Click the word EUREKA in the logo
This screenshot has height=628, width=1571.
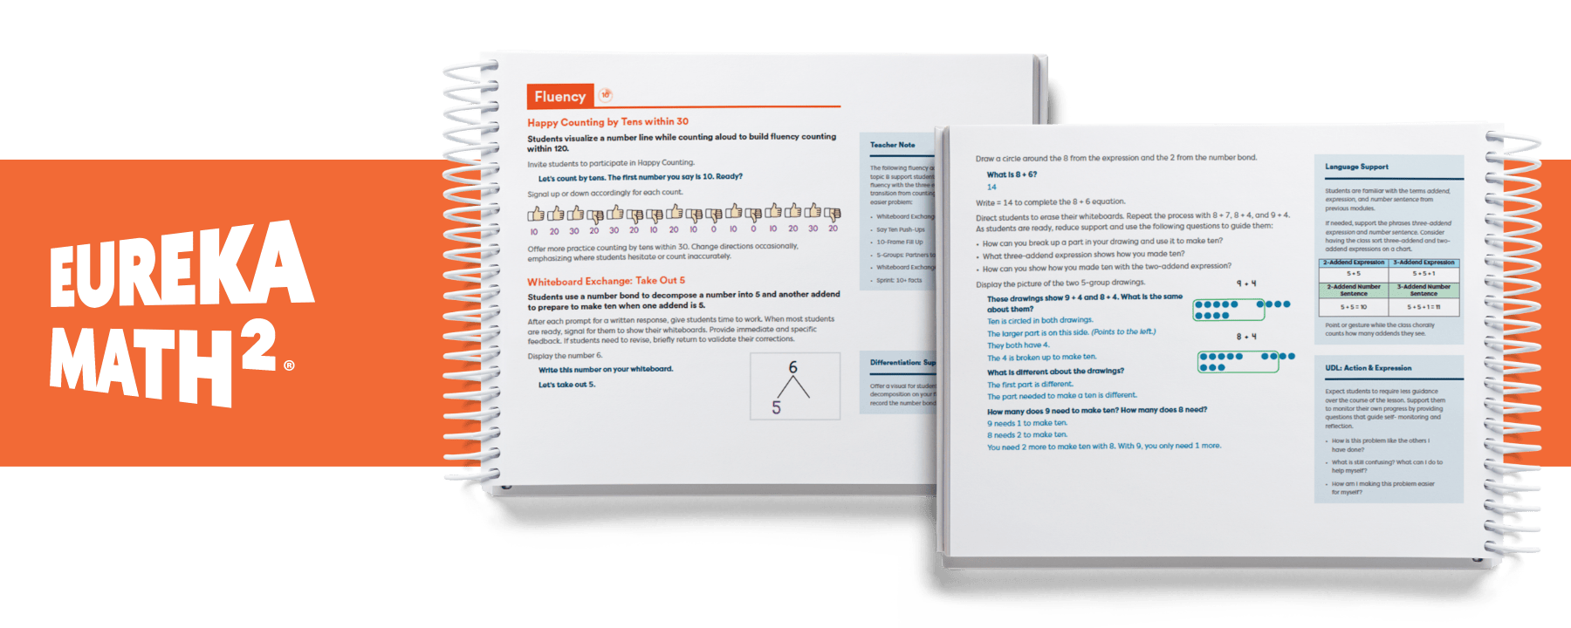click(x=181, y=266)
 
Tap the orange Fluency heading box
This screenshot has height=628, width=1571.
click(x=559, y=97)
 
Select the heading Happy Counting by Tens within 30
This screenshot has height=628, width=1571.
click(x=607, y=122)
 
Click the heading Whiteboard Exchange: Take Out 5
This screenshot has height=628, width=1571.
click(x=606, y=281)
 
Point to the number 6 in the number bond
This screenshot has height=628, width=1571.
click(x=792, y=367)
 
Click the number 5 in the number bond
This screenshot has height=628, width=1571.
click(x=776, y=407)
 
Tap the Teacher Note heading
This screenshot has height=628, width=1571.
click(x=892, y=145)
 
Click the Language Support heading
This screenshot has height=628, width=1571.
click(x=1356, y=167)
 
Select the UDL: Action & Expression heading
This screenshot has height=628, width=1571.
click(x=1368, y=368)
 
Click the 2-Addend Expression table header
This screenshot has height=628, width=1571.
click(x=1354, y=263)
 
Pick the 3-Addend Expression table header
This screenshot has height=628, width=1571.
click(x=1424, y=263)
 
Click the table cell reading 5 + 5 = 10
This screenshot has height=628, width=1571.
click(x=1354, y=307)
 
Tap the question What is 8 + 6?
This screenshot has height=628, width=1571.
click(x=1012, y=174)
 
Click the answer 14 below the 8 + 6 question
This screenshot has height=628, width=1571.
click(x=991, y=187)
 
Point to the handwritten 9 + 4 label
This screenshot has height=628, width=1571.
click(x=1245, y=283)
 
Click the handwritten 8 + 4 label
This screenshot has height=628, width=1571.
click(x=1245, y=337)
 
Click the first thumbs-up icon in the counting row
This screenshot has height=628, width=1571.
click(x=535, y=214)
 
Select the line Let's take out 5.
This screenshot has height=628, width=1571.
click(x=566, y=385)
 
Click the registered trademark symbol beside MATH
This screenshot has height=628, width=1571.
click(x=289, y=366)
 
